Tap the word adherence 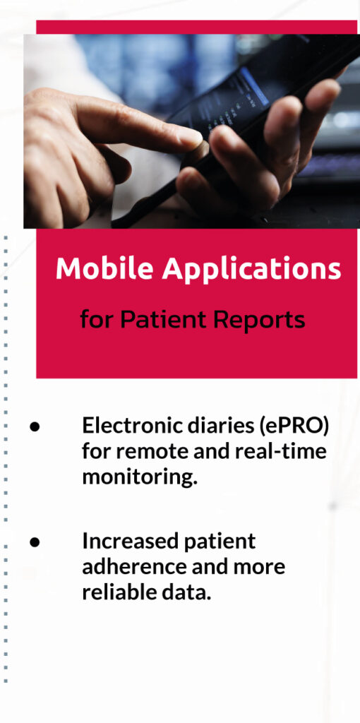click(x=134, y=566)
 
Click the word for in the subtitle click(x=97, y=319)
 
